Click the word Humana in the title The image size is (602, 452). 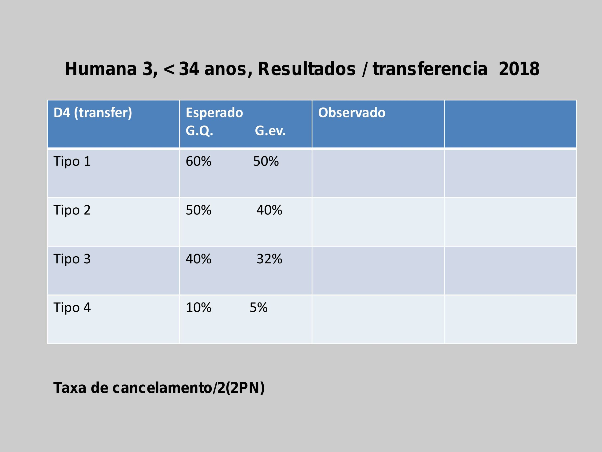click(101, 69)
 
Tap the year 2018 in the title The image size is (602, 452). click(519, 69)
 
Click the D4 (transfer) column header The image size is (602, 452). click(92, 113)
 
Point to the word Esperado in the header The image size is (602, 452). click(214, 113)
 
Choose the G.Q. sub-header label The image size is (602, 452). click(199, 131)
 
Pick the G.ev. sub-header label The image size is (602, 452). click(270, 131)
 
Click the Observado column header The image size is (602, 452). click(352, 113)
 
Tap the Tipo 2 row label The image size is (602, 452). click(72, 210)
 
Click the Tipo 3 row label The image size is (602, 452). click(72, 259)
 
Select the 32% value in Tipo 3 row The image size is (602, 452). click(269, 259)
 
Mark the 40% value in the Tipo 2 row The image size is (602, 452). click(269, 210)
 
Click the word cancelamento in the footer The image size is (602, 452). click(162, 388)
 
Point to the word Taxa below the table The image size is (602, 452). click(70, 388)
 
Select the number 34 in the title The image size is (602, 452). click(189, 69)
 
